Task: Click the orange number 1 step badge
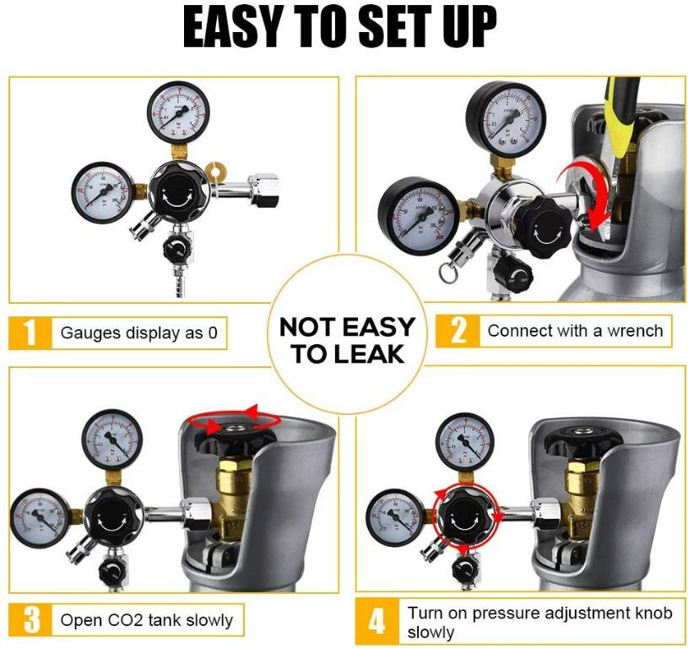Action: coord(30,332)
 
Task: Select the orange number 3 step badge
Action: coord(30,620)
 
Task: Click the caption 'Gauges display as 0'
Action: coord(138,333)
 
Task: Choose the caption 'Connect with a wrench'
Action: coord(575,331)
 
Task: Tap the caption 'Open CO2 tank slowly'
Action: coord(146,620)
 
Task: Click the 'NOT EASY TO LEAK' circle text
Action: coord(347,340)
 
